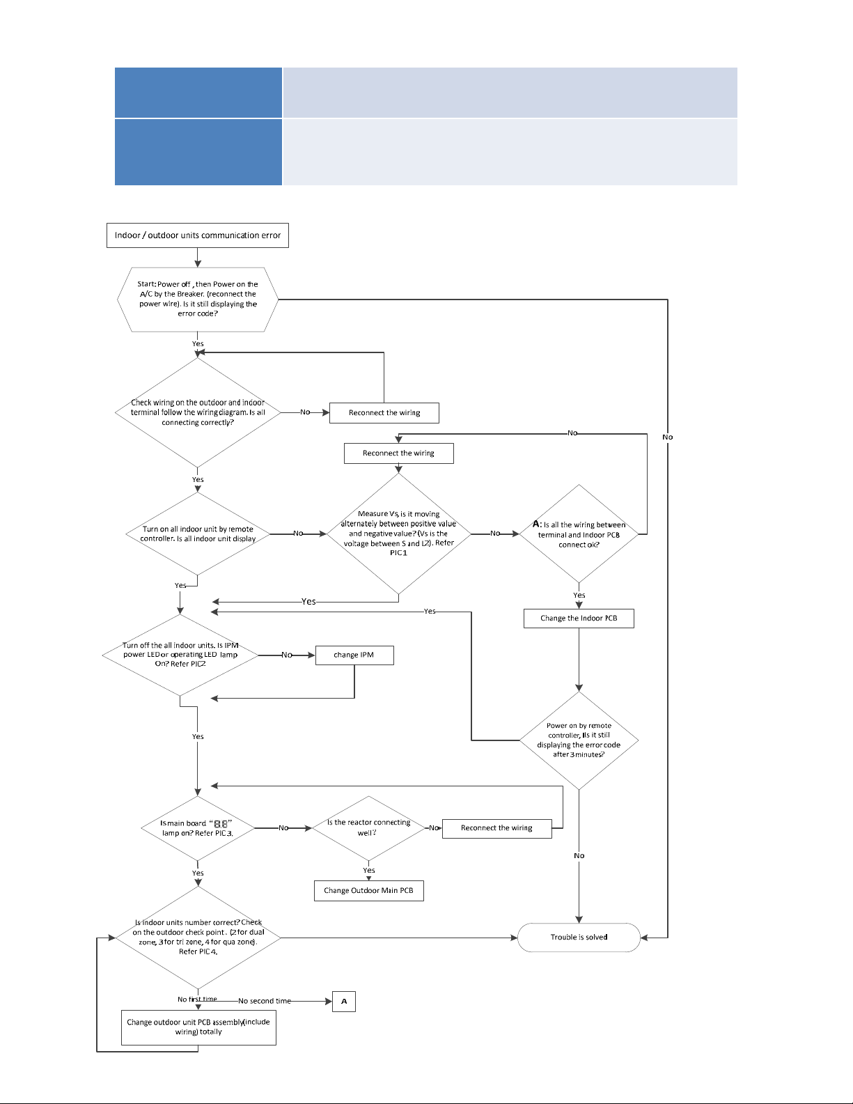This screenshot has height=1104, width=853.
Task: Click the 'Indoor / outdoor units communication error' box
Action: click(198, 235)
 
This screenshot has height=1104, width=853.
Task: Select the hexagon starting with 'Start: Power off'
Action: click(198, 300)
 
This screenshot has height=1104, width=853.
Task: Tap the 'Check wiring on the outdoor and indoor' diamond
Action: click(198, 412)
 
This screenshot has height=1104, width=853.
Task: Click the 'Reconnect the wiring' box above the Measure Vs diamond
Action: click(398, 453)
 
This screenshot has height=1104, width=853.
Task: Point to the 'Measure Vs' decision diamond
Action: click(398, 534)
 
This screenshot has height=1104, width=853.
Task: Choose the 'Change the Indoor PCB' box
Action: click(579, 619)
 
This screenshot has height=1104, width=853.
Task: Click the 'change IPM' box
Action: click(354, 655)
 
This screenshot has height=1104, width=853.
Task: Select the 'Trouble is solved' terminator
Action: click(579, 938)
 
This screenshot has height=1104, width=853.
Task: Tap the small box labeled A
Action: click(344, 1002)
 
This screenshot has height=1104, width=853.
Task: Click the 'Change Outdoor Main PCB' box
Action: click(368, 891)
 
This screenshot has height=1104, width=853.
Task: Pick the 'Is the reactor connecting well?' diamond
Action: click(368, 828)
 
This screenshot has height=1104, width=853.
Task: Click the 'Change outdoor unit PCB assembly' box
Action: click(198, 1027)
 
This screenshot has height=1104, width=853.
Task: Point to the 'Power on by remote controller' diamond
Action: click(579, 740)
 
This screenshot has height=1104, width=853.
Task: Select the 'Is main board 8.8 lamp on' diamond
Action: click(198, 828)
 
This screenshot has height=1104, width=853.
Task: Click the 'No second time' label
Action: click(265, 1001)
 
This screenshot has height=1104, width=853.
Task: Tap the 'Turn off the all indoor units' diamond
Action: click(180, 655)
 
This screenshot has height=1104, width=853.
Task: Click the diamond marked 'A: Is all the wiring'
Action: click(579, 534)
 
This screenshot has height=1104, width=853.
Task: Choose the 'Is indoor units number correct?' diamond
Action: click(198, 938)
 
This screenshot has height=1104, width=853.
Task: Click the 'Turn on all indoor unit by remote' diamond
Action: click(198, 534)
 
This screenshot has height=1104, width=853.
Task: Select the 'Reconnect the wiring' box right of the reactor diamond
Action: click(497, 828)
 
